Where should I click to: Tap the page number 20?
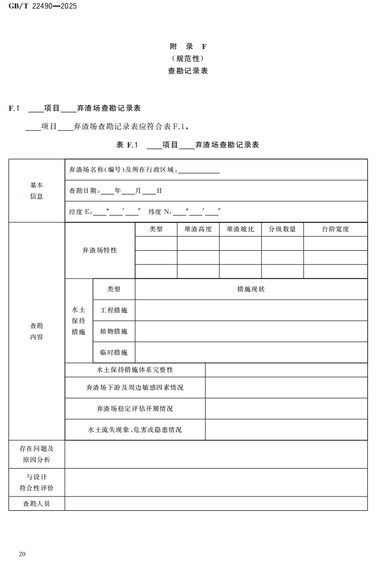pyautogui.click(x=22, y=554)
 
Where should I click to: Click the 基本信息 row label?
pyautogui.click(x=37, y=191)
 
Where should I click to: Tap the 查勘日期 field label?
pyautogui.click(x=83, y=191)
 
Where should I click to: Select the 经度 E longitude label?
pyautogui.click(x=79, y=212)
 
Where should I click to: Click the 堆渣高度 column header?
pyautogui.click(x=198, y=229)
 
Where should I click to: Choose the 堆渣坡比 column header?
pyautogui.click(x=240, y=229)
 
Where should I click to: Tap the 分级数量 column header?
pyautogui.click(x=282, y=229)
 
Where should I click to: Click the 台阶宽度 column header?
pyautogui.click(x=335, y=229)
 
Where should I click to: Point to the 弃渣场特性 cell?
pyautogui.click(x=99, y=250)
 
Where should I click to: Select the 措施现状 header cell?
pyautogui.click(x=251, y=289)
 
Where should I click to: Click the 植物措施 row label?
pyautogui.click(x=114, y=331)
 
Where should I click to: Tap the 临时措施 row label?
pyautogui.click(x=114, y=352)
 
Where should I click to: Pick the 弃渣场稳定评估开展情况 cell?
pyautogui.click(x=135, y=409)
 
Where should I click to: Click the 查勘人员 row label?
pyautogui.click(x=37, y=504)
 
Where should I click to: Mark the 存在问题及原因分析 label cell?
pyautogui.click(x=37, y=454)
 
